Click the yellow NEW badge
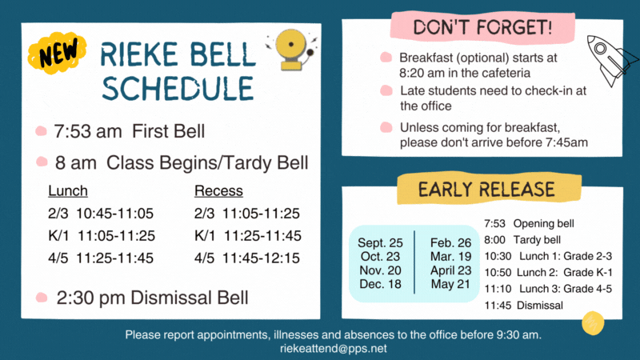(x=57, y=53)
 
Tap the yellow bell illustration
(x=291, y=49)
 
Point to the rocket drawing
(x=611, y=60)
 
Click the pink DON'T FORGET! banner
(x=482, y=27)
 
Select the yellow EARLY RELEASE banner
(x=489, y=189)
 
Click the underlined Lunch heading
(x=68, y=190)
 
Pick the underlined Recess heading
(x=218, y=190)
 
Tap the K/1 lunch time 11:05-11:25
(x=116, y=235)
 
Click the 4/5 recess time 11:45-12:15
(x=261, y=258)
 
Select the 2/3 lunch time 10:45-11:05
(x=114, y=214)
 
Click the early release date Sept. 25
(x=380, y=243)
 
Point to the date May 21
(x=450, y=284)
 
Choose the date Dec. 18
(x=381, y=284)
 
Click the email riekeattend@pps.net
(x=334, y=349)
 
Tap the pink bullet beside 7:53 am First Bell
(x=42, y=131)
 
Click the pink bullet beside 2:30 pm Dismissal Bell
(x=42, y=297)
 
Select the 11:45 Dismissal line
(x=524, y=306)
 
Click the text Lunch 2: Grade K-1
(x=565, y=272)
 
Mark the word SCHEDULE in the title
(x=178, y=88)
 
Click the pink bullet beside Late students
(x=386, y=90)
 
